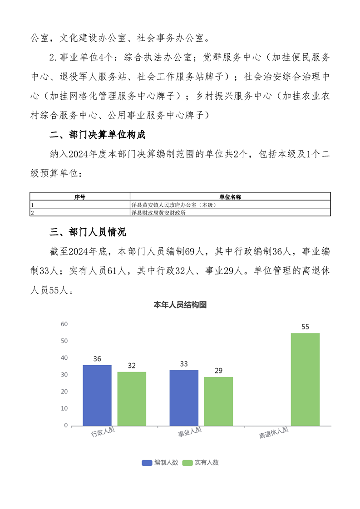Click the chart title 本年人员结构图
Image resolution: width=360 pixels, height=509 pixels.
(180, 305)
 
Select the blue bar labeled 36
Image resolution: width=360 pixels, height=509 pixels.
(97, 395)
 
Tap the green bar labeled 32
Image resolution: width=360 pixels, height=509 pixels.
(132, 399)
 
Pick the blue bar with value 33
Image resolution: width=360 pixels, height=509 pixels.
(184, 398)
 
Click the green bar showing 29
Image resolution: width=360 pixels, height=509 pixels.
(218, 401)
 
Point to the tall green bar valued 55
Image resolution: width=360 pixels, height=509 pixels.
(305, 379)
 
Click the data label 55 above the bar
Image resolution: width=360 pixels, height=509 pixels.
(305, 327)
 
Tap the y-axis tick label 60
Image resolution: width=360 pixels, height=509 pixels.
(64, 324)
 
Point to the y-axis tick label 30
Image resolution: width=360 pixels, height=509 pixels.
(64, 375)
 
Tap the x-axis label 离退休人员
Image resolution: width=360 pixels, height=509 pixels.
(274, 433)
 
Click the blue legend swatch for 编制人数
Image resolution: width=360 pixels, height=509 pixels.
(147, 463)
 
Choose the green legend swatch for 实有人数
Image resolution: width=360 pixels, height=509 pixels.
(187, 463)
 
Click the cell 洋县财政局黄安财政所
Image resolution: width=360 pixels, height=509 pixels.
(158, 212)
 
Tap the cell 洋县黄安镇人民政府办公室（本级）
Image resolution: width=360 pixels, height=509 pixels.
(173, 205)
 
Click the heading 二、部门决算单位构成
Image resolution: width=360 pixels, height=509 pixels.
(98, 135)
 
